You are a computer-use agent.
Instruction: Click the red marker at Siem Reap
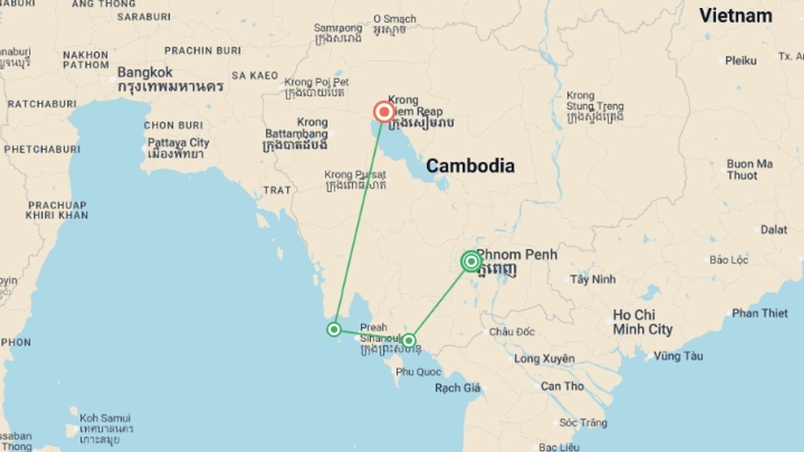[384, 112]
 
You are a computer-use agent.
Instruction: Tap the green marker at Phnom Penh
[471, 262]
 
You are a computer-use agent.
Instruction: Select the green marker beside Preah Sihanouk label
[409, 340]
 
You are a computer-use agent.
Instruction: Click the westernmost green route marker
[334, 330]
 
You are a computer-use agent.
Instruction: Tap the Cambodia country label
[470, 166]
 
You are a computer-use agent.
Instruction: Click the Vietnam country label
[736, 16]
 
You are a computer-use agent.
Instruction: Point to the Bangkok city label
[145, 72]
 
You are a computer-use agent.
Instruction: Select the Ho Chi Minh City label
[642, 322]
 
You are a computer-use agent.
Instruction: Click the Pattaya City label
[178, 143]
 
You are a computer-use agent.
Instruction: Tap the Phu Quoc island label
[418, 372]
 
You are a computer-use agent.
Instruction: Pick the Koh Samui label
[105, 418]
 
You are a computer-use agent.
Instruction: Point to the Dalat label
[773, 230]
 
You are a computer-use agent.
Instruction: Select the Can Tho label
[562, 386]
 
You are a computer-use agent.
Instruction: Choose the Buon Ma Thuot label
[749, 169]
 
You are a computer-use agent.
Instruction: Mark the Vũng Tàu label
[678, 356]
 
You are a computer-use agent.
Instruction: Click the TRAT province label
[277, 190]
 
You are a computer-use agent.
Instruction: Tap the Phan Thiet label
[759, 313]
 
